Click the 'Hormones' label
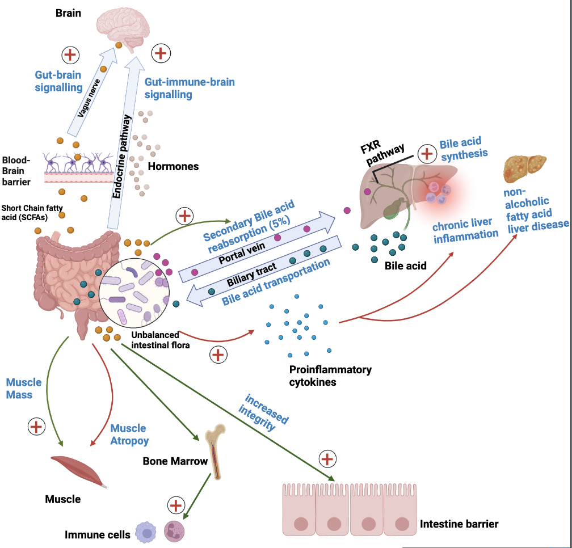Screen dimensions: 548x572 173,167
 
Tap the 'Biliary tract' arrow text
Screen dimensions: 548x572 250,273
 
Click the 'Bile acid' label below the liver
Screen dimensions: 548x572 406,265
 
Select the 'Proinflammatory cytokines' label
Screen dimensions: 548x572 330,376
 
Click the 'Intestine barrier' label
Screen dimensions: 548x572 459,523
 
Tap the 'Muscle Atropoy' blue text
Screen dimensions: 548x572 128,435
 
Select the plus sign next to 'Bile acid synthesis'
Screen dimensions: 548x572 426,153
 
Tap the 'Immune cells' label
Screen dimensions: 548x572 97,534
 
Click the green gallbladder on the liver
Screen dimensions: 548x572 393,208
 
